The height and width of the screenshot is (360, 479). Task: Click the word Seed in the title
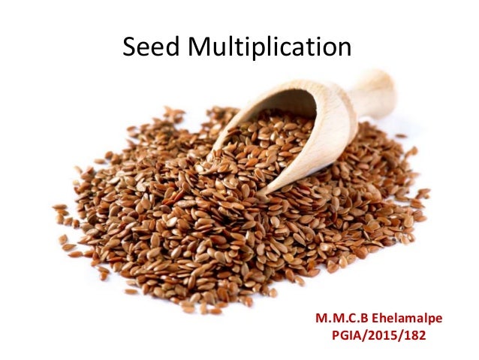pyautogui.click(x=151, y=48)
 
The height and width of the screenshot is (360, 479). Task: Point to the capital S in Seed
pyautogui.click(x=130, y=48)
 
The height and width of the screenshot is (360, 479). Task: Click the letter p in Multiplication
pyautogui.click(x=260, y=51)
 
